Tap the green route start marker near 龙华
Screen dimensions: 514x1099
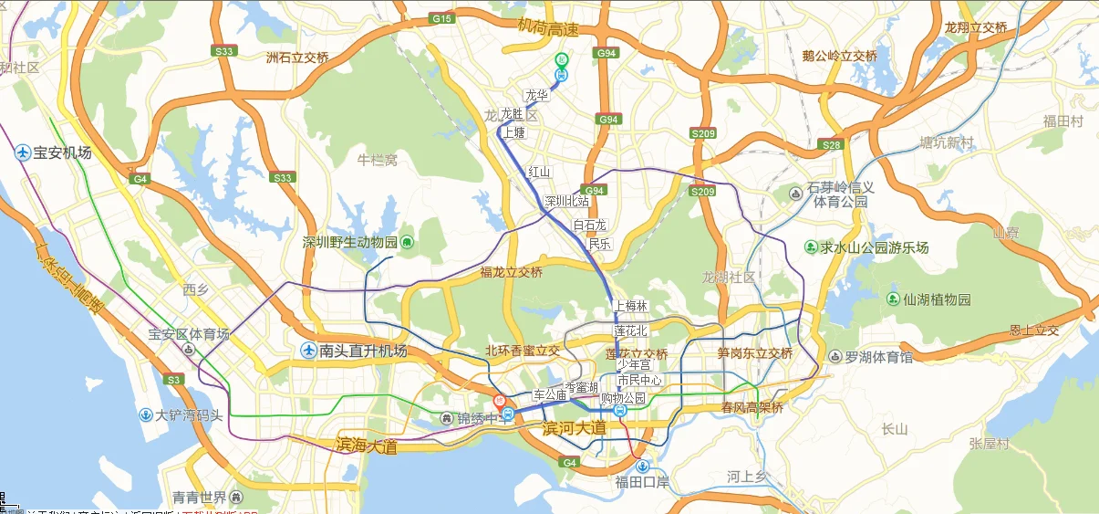click(562, 60)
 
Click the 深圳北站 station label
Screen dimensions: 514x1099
click(566, 201)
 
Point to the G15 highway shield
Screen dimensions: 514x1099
click(442, 18)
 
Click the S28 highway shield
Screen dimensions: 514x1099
click(831, 144)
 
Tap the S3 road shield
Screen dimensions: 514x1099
click(173, 379)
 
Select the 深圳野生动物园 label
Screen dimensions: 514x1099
click(350, 242)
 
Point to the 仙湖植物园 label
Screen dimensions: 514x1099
click(937, 299)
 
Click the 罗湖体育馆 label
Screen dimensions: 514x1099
click(879, 357)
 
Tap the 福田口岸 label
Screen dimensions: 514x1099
click(642, 481)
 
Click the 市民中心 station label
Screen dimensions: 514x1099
click(638, 380)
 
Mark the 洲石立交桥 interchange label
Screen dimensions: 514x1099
click(296, 58)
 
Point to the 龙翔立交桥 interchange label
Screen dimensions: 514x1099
click(976, 27)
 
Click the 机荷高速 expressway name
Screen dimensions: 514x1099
click(547, 29)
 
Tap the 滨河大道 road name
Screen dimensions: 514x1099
click(574, 427)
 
